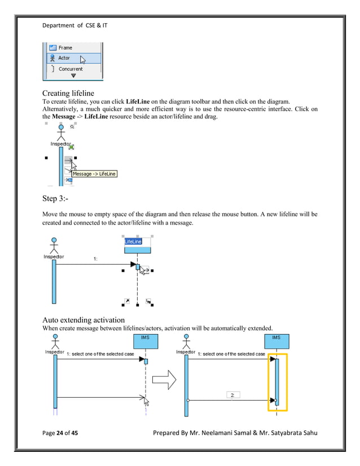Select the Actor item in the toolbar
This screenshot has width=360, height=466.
63,58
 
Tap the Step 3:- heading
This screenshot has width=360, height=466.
58,199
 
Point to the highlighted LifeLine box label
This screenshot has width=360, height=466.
135,241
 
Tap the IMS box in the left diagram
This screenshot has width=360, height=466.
145,341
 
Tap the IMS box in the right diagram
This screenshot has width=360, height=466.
276,341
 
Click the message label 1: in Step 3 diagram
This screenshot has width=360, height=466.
96,259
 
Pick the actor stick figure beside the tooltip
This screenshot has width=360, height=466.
61,133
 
